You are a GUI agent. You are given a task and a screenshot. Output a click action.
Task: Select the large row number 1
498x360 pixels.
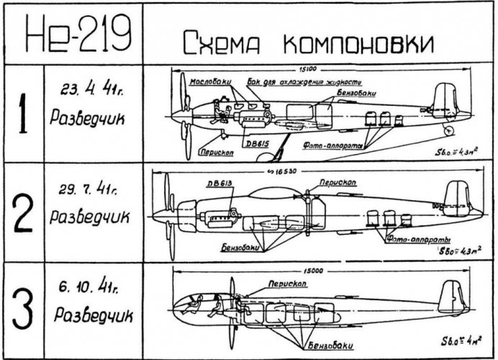[21, 113]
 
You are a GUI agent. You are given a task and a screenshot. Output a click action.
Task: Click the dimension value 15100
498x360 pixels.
[319, 70]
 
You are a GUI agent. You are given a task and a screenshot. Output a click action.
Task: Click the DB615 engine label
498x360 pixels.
[256, 144]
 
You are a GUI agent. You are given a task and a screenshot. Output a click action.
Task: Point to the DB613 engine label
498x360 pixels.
[219, 183]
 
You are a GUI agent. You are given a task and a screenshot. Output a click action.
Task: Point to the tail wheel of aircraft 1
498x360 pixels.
[449, 131]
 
